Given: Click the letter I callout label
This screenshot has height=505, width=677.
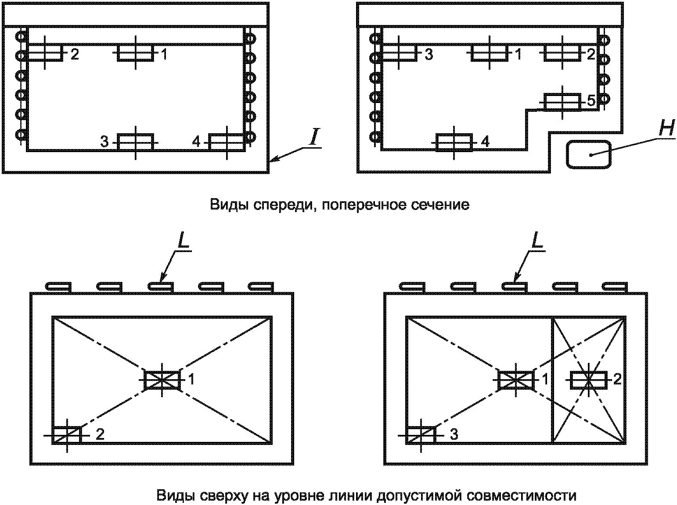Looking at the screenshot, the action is pyautogui.click(x=313, y=137).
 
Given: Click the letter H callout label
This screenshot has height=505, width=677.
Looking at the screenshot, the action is pyautogui.click(x=666, y=128).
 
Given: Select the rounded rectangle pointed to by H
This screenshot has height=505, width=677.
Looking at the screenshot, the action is pyautogui.click(x=588, y=154).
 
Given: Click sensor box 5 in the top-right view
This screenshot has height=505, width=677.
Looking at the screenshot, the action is pyautogui.click(x=562, y=102).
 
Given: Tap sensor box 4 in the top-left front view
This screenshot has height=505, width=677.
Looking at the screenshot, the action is pyautogui.click(x=227, y=142).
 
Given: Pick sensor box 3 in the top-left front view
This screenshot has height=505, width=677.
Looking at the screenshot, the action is pyautogui.click(x=135, y=142).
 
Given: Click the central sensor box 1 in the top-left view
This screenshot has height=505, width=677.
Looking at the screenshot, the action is pyautogui.click(x=135, y=53).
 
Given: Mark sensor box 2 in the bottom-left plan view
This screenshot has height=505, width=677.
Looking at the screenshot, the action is pyautogui.click(x=67, y=435).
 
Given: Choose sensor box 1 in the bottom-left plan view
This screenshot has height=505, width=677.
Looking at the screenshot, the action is pyautogui.click(x=162, y=381).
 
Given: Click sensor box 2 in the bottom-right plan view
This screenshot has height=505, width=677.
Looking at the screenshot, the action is pyautogui.click(x=588, y=381).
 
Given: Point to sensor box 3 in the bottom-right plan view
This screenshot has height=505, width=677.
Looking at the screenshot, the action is pyautogui.click(x=421, y=435).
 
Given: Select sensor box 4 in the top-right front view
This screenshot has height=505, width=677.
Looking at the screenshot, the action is pyautogui.click(x=454, y=142).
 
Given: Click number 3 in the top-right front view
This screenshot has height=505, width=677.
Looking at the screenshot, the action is pyautogui.click(x=429, y=54).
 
